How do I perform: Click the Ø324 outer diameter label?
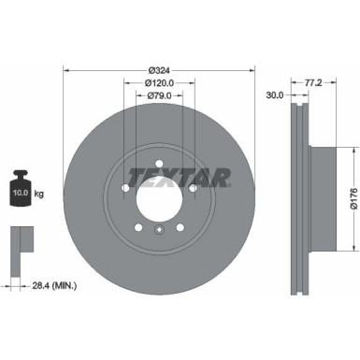coord(159,69)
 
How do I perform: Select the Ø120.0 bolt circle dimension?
coord(159,82)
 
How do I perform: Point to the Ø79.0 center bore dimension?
coord(159,95)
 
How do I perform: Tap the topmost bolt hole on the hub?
coord(159,164)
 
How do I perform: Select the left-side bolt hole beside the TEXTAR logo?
coord(125,188)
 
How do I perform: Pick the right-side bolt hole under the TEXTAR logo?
coord(193,188)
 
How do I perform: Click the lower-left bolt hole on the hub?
coord(138,227)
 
